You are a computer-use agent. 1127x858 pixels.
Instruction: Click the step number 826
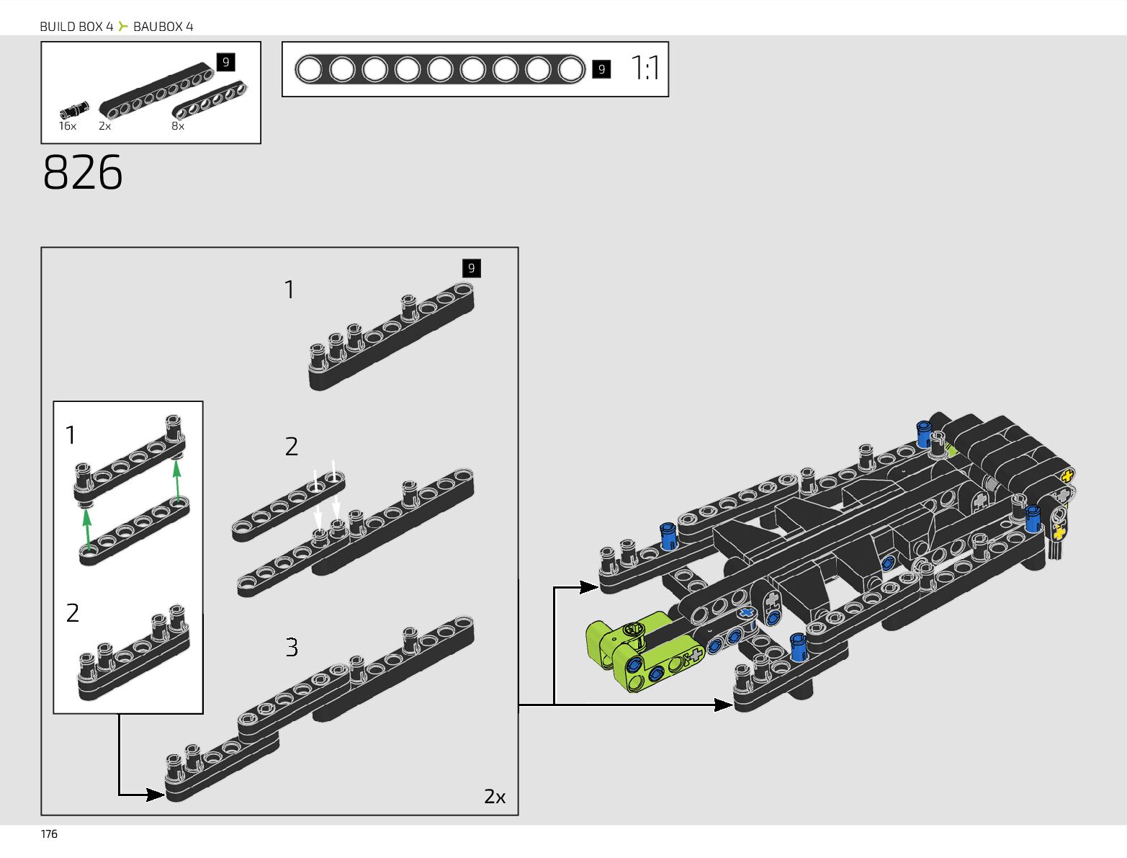point(83,173)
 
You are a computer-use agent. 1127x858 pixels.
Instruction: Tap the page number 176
point(49,834)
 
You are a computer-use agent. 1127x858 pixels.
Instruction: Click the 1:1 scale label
point(645,68)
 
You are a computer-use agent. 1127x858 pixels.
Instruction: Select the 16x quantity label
point(68,126)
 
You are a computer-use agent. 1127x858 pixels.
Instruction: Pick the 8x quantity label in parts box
point(178,126)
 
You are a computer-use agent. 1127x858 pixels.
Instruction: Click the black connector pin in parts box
point(72,111)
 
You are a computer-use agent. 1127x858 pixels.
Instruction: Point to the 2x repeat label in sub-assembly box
point(495,796)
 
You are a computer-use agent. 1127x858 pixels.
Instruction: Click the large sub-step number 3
point(292,647)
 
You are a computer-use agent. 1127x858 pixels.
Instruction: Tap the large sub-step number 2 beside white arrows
point(292,447)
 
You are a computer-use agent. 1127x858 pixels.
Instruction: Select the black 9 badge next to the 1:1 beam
point(601,69)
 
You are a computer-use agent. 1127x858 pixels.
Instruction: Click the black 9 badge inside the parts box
point(225,62)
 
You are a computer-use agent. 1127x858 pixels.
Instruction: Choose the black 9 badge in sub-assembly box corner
point(471,268)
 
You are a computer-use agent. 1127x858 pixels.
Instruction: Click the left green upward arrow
point(86,529)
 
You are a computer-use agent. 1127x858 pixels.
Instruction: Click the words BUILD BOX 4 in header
point(76,27)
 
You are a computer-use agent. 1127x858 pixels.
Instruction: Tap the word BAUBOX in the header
point(158,27)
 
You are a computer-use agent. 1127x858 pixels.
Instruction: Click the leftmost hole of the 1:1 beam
point(309,70)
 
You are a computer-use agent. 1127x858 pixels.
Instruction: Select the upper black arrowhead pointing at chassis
point(589,587)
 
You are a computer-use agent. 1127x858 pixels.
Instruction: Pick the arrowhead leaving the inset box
point(156,795)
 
